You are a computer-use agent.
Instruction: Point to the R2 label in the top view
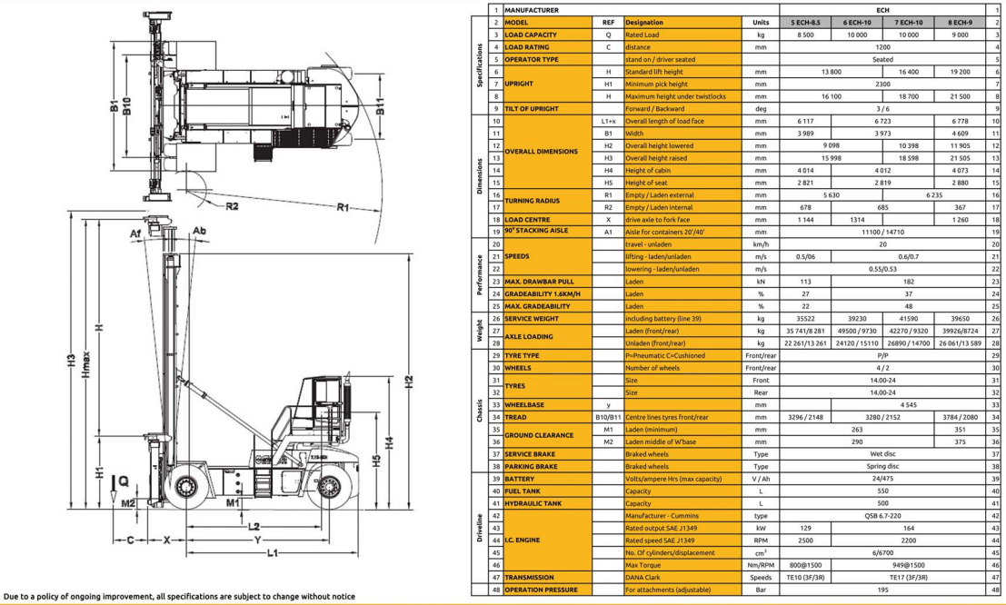pos(232,206)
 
